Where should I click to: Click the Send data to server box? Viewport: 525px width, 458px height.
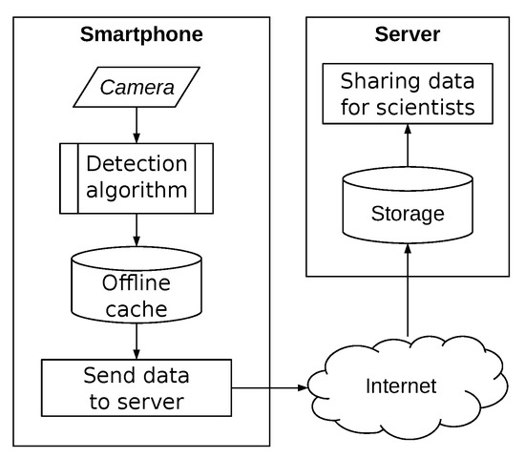click(136, 387)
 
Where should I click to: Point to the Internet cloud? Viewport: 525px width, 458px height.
click(401, 386)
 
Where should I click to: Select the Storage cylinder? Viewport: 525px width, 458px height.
click(408, 204)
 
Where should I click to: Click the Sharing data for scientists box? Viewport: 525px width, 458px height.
click(408, 94)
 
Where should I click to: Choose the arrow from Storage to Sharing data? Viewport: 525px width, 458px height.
click(408, 147)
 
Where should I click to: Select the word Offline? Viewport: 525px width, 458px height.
click(136, 284)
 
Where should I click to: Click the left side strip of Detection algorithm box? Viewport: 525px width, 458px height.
click(68, 179)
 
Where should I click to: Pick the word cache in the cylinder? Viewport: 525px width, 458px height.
click(136, 310)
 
